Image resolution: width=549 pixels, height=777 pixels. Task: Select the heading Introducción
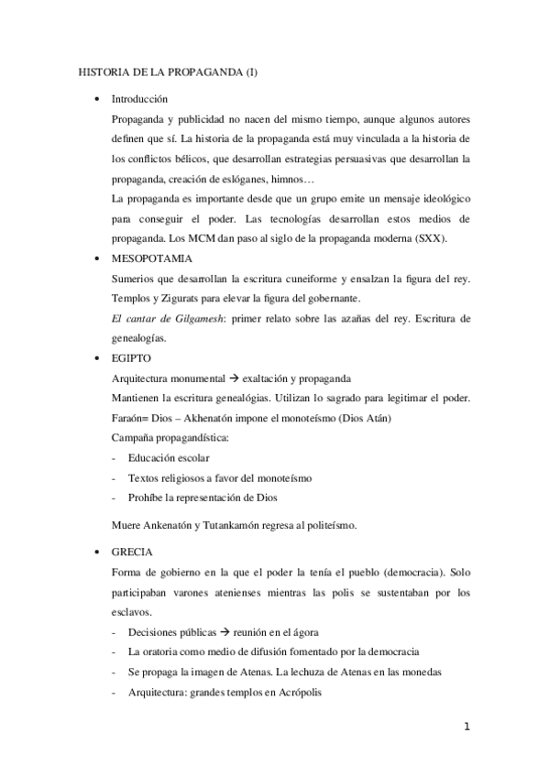click(138, 98)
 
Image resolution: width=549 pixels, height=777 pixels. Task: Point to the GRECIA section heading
click(132, 552)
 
